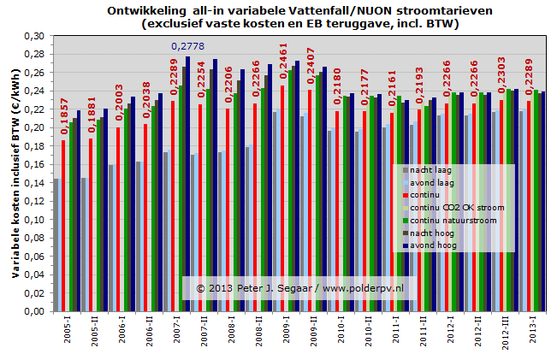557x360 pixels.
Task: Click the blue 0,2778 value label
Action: [x=188, y=46]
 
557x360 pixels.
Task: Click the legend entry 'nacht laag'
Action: [x=433, y=170]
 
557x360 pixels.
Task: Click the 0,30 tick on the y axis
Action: [x=33, y=36]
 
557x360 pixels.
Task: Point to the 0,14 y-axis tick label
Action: [x=33, y=183]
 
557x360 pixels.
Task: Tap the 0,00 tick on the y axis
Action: [x=33, y=311]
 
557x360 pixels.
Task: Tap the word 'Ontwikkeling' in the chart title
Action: [x=145, y=10]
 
